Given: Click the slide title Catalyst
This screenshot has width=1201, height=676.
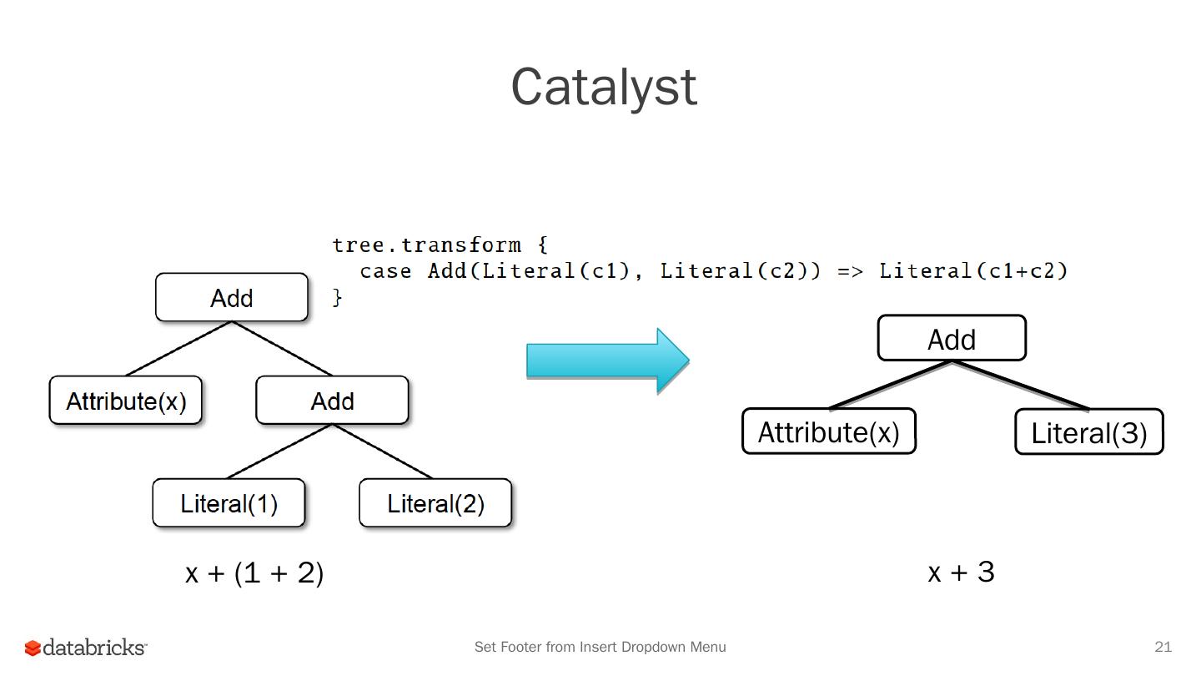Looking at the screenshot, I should [x=604, y=87].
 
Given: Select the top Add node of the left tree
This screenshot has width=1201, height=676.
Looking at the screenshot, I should [x=232, y=298].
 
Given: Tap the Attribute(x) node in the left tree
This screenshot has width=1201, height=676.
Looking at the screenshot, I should [x=126, y=401].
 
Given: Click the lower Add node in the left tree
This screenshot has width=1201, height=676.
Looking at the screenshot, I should [x=332, y=401].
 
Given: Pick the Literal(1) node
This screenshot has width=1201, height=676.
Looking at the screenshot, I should [x=229, y=504].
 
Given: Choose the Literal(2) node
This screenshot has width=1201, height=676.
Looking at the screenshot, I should [x=435, y=504].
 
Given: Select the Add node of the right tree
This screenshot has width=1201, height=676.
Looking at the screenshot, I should [x=952, y=339].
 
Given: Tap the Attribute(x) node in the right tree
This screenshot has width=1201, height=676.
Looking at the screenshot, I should [x=829, y=432].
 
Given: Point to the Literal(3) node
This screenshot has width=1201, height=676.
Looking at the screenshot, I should [x=1089, y=433].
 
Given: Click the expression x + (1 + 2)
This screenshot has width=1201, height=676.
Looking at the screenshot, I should [x=254, y=573].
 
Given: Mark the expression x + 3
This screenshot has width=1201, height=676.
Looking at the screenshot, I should [x=961, y=573].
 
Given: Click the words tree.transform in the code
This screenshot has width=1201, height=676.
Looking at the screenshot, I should [x=427, y=245].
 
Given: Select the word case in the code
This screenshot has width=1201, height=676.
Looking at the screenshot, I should [x=385, y=271].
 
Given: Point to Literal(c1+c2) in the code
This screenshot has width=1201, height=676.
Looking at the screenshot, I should [x=973, y=271].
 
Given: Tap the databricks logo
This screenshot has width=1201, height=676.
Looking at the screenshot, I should [x=86, y=648].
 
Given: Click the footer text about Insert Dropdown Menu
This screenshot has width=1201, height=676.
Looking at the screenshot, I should [x=600, y=647].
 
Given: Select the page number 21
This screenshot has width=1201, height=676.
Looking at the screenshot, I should [x=1163, y=647].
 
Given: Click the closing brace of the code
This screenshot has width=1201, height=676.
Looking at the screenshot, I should [x=338, y=297].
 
